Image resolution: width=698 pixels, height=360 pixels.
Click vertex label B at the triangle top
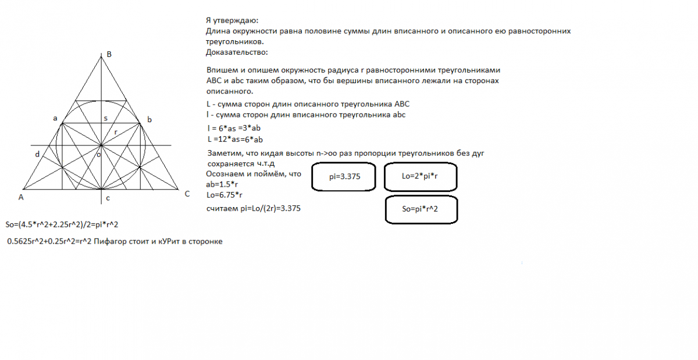[x=109, y=55]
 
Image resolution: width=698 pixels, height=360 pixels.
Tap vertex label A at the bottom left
[x=20, y=197]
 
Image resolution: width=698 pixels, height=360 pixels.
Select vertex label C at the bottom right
[x=187, y=194]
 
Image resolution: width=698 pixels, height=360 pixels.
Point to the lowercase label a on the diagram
[x=55, y=119]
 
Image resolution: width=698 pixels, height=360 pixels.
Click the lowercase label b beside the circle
[x=149, y=120]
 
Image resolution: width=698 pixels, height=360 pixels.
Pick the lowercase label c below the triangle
[x=108, y=199]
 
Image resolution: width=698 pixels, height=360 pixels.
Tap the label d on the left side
[x=37, y=154]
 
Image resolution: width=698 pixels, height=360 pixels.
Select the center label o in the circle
[x=98, y=155]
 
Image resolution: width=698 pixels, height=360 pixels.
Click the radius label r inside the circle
[x=116, y=133]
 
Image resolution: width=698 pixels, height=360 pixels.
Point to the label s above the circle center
[x=105, y=118]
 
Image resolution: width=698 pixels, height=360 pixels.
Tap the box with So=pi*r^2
[x=420, y=209]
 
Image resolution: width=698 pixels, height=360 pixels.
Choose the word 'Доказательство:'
[x=237, y=53]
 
